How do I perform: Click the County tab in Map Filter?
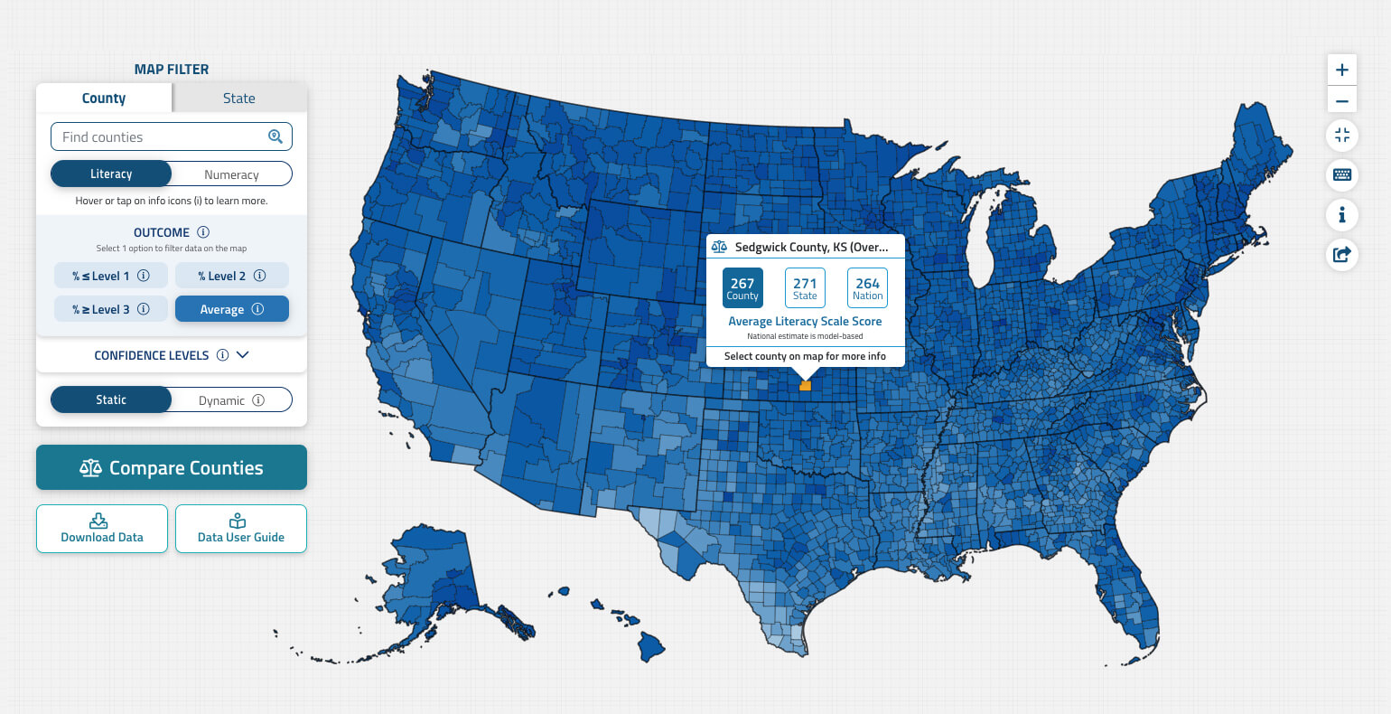point(104,99)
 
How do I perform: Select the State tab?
point(239,99)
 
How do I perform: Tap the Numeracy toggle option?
point(231,174)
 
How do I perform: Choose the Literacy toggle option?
point(111,174)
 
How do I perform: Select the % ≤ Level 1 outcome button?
point(110,276)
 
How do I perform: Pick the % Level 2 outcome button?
point(231,276)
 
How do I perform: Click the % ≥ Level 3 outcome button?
point(110,309)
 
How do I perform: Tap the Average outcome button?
point(231,309)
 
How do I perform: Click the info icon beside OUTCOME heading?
point(203,232)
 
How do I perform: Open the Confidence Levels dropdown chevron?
point(242,355)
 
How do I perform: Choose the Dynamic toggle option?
point(231,400)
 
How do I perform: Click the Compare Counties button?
point(172,468)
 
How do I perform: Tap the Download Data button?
point(102,529)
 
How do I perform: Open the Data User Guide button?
point(241,529)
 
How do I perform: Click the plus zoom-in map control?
point(1342,70)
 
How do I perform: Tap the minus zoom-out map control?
point(1342,101)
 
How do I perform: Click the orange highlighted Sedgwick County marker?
point(806,386)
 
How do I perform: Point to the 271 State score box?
point(805,287)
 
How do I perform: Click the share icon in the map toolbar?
point(1342,255)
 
